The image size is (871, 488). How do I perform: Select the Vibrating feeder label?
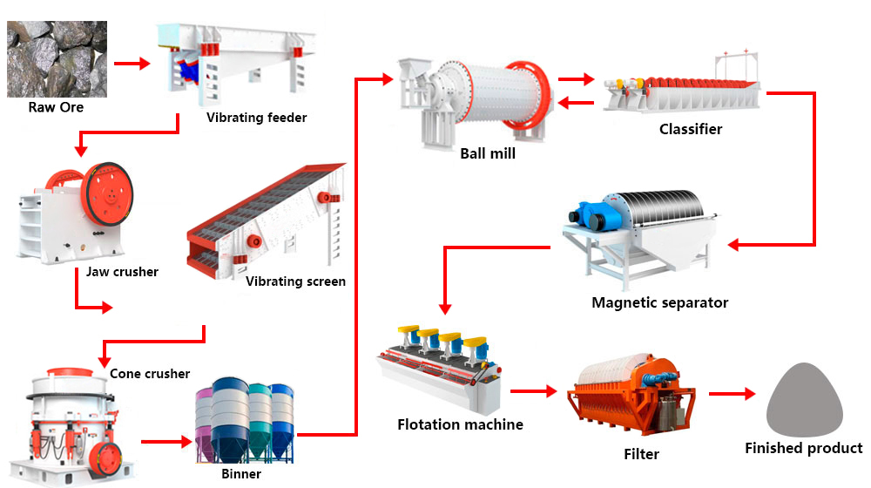click(x=256, y=118)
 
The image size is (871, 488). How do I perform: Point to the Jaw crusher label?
click(x=122, y=272)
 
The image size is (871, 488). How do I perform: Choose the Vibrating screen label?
click(x=295, y=281)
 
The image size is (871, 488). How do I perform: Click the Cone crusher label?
click(x=150, y=374)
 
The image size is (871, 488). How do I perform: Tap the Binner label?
click(x=240, y=475)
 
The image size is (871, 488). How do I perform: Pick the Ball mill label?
click(x=488, y=153)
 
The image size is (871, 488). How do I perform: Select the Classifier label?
click(x=691, y=129)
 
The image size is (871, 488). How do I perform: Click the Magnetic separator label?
click(x=659, y=303)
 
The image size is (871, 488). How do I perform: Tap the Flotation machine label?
click(x=460, y=425)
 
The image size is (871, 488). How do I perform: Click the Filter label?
click(x=641, y=454)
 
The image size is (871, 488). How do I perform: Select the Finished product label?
click(x=803, y=449)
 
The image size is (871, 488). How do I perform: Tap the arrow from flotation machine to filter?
click(x=533, y=391)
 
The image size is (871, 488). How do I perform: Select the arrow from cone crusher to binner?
click(x=166, y=442)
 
